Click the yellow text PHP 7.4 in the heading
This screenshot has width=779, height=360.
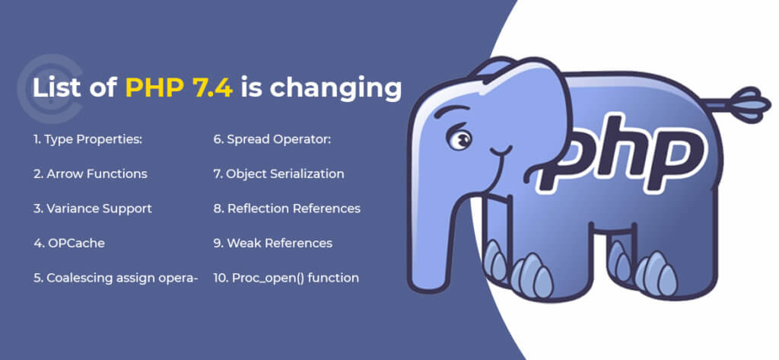coord(178,88)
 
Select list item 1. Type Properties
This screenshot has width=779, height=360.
coord(88,140)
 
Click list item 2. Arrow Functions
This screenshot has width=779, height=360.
coord(91,174)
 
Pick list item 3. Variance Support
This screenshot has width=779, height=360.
coord(93,209)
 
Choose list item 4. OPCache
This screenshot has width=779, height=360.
coord(69,243)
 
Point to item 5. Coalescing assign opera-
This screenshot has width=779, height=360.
coord(116,279)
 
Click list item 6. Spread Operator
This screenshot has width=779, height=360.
coord(272,140)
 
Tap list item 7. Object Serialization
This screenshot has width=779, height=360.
coord(278,174)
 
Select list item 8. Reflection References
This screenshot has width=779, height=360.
coord(287,209)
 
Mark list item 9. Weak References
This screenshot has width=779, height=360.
coord(273,243)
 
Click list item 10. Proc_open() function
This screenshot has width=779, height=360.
coord(286,278)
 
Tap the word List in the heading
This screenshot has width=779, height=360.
coord(56,88)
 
